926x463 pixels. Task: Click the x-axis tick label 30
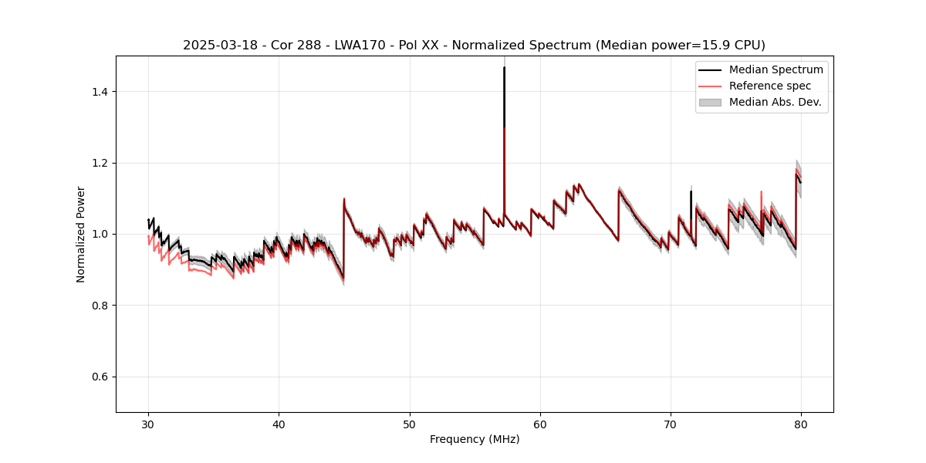(x=148, y=424)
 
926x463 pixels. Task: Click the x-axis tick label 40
(x=279, y=424)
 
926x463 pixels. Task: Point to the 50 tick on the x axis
(x=410, y=424)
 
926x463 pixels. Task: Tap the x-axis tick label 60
(x=540, y=424)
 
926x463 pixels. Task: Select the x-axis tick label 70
(x=671, y=424)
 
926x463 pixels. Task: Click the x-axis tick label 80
(x=801, y=424)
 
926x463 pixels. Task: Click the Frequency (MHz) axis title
(x=475, y=439)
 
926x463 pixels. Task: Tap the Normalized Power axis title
(x=81, y=234)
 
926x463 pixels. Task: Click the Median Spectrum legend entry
(x=776, y=69)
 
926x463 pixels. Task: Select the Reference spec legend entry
(x=769, y=86)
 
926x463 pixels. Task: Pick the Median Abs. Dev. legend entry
(x=775, y=102)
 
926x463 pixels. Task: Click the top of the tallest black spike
(x=504, y=67)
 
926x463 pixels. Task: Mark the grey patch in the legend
(x=710, y=102)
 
